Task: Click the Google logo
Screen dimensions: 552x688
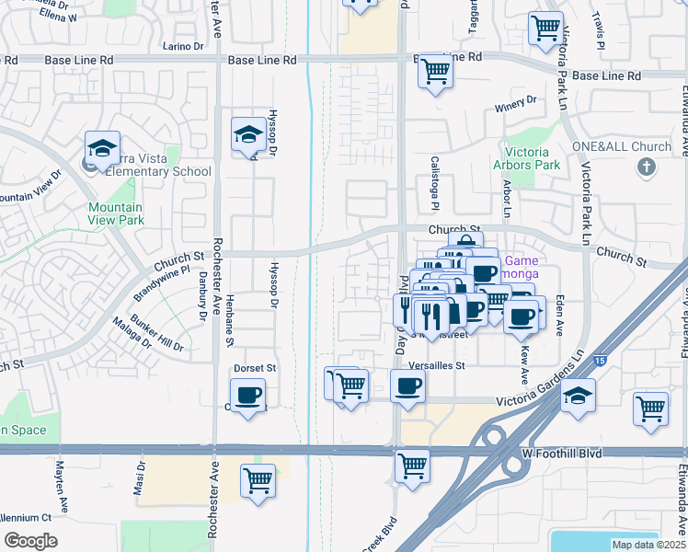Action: [x=30, y=541]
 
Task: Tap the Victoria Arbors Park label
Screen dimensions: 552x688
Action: [x=533, y=158]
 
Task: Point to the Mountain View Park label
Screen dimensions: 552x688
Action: [x=116, y=213]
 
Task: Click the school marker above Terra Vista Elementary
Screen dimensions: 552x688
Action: [x=103, y=148]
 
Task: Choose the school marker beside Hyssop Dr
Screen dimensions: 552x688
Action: [x=247, y=135]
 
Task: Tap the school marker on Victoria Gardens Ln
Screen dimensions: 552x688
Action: [x=579, y=396]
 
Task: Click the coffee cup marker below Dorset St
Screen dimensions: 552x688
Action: [x=247, y=396]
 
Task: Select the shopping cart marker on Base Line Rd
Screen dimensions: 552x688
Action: [x=436, y=70]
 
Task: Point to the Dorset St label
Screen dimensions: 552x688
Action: [x=255, y=368]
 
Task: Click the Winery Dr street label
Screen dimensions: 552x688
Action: [x=515, y=105]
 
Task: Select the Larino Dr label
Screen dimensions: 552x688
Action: [x=182, y=46]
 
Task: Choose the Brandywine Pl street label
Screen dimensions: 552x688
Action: [x=161, y=283]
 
